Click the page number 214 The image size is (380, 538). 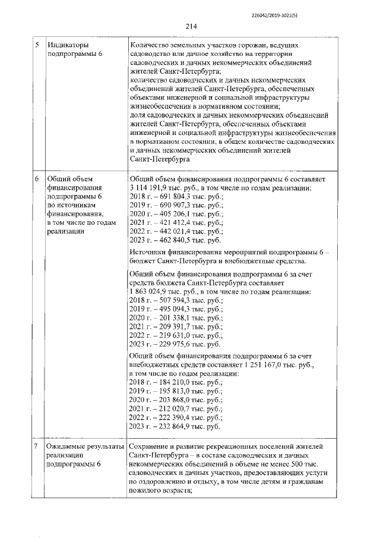(x=191, y=26)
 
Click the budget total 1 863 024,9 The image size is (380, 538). (x=151, y=292)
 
